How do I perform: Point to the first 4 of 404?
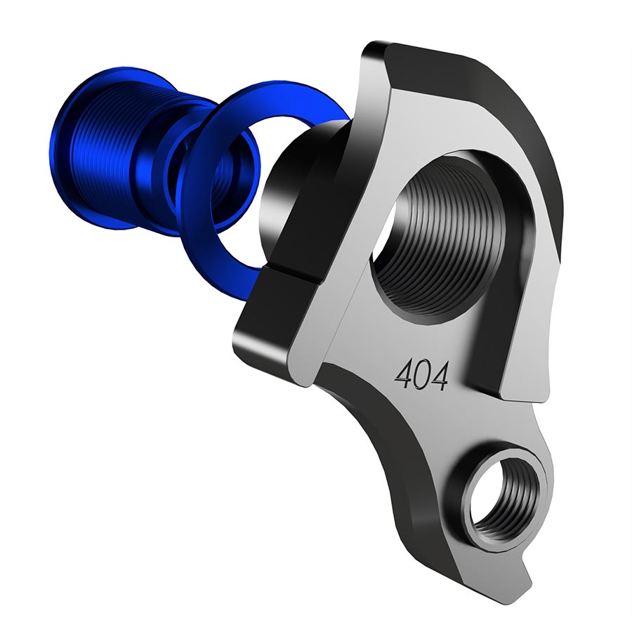tap(404, 377)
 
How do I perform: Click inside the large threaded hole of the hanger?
tap(449, 232)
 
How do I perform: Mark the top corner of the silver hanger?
tap(372, 48)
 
